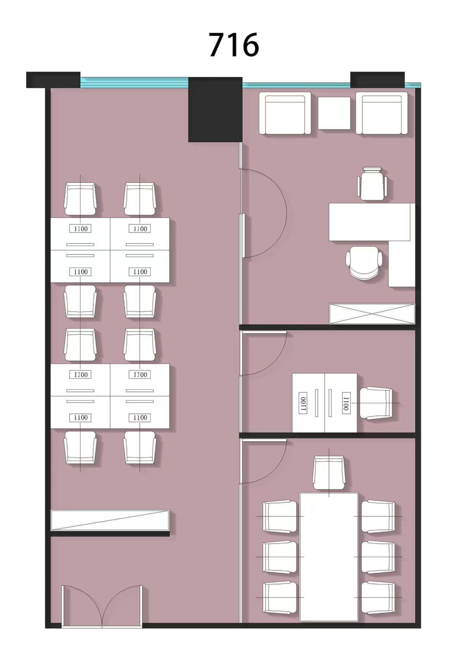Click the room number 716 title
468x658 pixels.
(x=234, y=45)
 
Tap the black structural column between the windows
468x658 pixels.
(x=215, y=109)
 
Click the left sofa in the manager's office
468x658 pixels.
(x=285, y=113)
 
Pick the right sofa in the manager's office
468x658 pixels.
(x=382, y=113)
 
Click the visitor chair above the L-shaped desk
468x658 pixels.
(x=372, y=184)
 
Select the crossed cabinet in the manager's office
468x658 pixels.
(x=372, y=313)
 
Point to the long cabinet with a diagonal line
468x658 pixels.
(x=110, y=520)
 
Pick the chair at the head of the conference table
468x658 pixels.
(x=329, y=473)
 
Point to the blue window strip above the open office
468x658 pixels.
(x=134, y=82)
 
